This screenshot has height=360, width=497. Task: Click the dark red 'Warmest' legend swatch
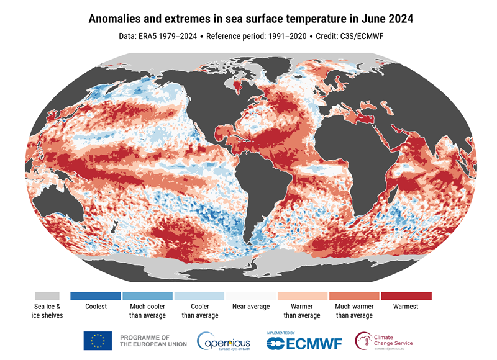[406, 296]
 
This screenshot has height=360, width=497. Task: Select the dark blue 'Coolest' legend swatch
[96, 296]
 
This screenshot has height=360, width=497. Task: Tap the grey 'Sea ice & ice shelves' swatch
[47, 296]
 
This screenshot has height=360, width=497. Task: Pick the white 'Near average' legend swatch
[250, 296]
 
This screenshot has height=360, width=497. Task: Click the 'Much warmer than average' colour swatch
[354, 296]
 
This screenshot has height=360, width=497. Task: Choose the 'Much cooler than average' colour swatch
[147, 296]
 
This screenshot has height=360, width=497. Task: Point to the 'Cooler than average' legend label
[199, 311]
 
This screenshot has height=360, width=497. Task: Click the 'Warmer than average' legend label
[302, 311]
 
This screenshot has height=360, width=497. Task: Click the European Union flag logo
[98, 340]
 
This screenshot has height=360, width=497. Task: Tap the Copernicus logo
[224, 341]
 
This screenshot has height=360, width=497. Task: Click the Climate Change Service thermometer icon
[363, 341]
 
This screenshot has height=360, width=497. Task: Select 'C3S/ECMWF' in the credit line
[367, 37]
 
